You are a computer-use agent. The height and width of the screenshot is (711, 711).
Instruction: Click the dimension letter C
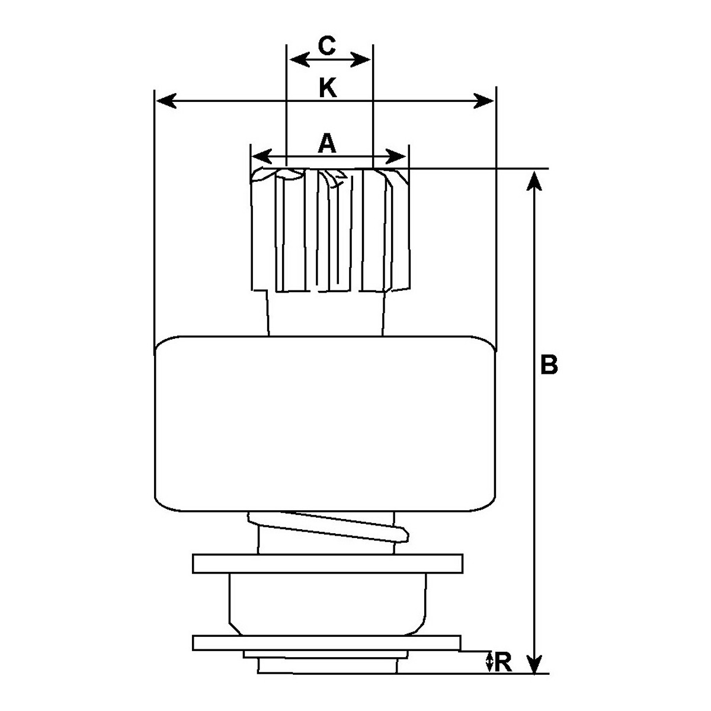pyautogui.click(x=326, y=46)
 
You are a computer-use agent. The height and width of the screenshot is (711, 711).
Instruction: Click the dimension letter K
pyautogui.click(x=328, y=88)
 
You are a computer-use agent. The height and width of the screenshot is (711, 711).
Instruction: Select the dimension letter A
pyautogui.click(x=327, y=143)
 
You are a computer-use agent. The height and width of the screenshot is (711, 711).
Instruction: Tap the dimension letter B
pyautogui.click(x=549, y=364)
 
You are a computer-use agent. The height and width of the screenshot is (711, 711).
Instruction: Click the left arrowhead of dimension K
pyautogui.click(x=166, y=101)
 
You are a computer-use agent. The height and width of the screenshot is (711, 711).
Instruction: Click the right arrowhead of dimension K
pyautogui.click(x=483, y=101)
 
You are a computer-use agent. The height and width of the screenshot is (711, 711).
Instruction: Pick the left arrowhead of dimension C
pyautogui.click(x=300, y=59)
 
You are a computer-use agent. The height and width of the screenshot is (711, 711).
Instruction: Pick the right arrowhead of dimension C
pyautogui.click(x=360, y=59)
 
